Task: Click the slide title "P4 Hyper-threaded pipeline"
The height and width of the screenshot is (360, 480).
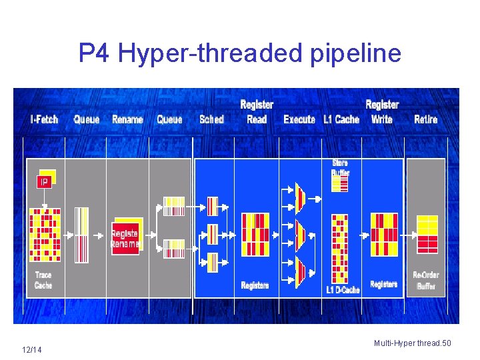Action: coord(240,53)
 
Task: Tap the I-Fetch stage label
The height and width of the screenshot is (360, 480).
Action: coord(45,119)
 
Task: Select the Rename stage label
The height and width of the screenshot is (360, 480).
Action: coord(127,119)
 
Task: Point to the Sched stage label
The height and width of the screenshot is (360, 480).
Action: coord(211,119)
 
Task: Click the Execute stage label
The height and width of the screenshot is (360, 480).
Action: coord(299,119)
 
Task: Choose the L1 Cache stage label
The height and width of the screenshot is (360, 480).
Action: coord(341,119)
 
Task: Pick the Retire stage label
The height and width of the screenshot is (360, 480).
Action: coord(426,119)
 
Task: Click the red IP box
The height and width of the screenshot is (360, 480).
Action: coord(45,181)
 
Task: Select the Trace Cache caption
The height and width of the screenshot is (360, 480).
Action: coord(43,280)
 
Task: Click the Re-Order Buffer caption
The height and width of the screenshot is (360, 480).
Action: coord(426,280)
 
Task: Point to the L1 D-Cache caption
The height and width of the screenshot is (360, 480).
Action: coord(343,289)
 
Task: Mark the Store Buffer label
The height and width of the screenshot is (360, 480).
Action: coord(340,168)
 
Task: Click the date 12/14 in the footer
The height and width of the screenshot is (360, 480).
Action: coord(31,350)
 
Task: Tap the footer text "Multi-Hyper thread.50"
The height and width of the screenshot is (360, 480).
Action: coord(412,343)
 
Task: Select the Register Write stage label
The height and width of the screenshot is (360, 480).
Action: coord(382,112)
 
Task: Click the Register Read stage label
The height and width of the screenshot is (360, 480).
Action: coord(257,112)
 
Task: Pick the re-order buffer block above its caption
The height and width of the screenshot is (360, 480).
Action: coord(427,234)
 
